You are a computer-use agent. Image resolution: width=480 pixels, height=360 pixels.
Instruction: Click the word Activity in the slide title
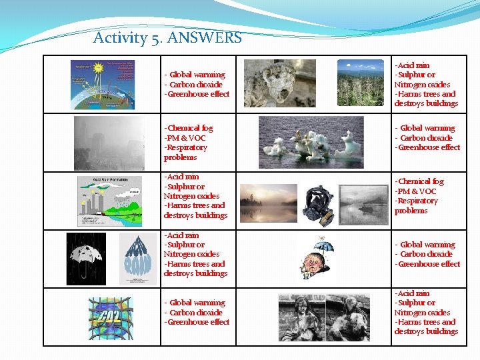click(120, 37)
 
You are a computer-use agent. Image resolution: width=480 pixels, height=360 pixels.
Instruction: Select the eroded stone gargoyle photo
click(279, 83)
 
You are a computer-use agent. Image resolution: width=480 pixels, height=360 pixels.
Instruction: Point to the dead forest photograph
click(360, 83)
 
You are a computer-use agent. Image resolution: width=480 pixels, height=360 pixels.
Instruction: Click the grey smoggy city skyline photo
click(109, 143)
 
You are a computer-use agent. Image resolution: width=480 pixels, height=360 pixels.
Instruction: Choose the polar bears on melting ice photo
click(311, 143)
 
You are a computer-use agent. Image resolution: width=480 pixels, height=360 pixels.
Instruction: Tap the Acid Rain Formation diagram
click(109, 201)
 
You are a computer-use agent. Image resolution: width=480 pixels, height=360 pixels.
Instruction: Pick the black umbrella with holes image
click(86, 259)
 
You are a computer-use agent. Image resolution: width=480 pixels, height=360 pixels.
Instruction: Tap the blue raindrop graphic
click(138, 259)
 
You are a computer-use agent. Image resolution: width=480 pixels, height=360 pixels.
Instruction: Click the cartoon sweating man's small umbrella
click(324, 247)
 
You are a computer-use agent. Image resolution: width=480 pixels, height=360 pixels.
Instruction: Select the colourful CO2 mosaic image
click(111, 317)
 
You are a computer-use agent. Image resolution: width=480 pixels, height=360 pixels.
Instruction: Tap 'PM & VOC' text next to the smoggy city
click(185, 138)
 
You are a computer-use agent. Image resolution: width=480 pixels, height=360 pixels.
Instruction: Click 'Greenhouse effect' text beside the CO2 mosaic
click(197, 322)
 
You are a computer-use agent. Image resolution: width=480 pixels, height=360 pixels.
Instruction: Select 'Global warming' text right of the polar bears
click(427, 128)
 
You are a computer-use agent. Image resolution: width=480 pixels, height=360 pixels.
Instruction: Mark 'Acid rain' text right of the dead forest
click(413, 65)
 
